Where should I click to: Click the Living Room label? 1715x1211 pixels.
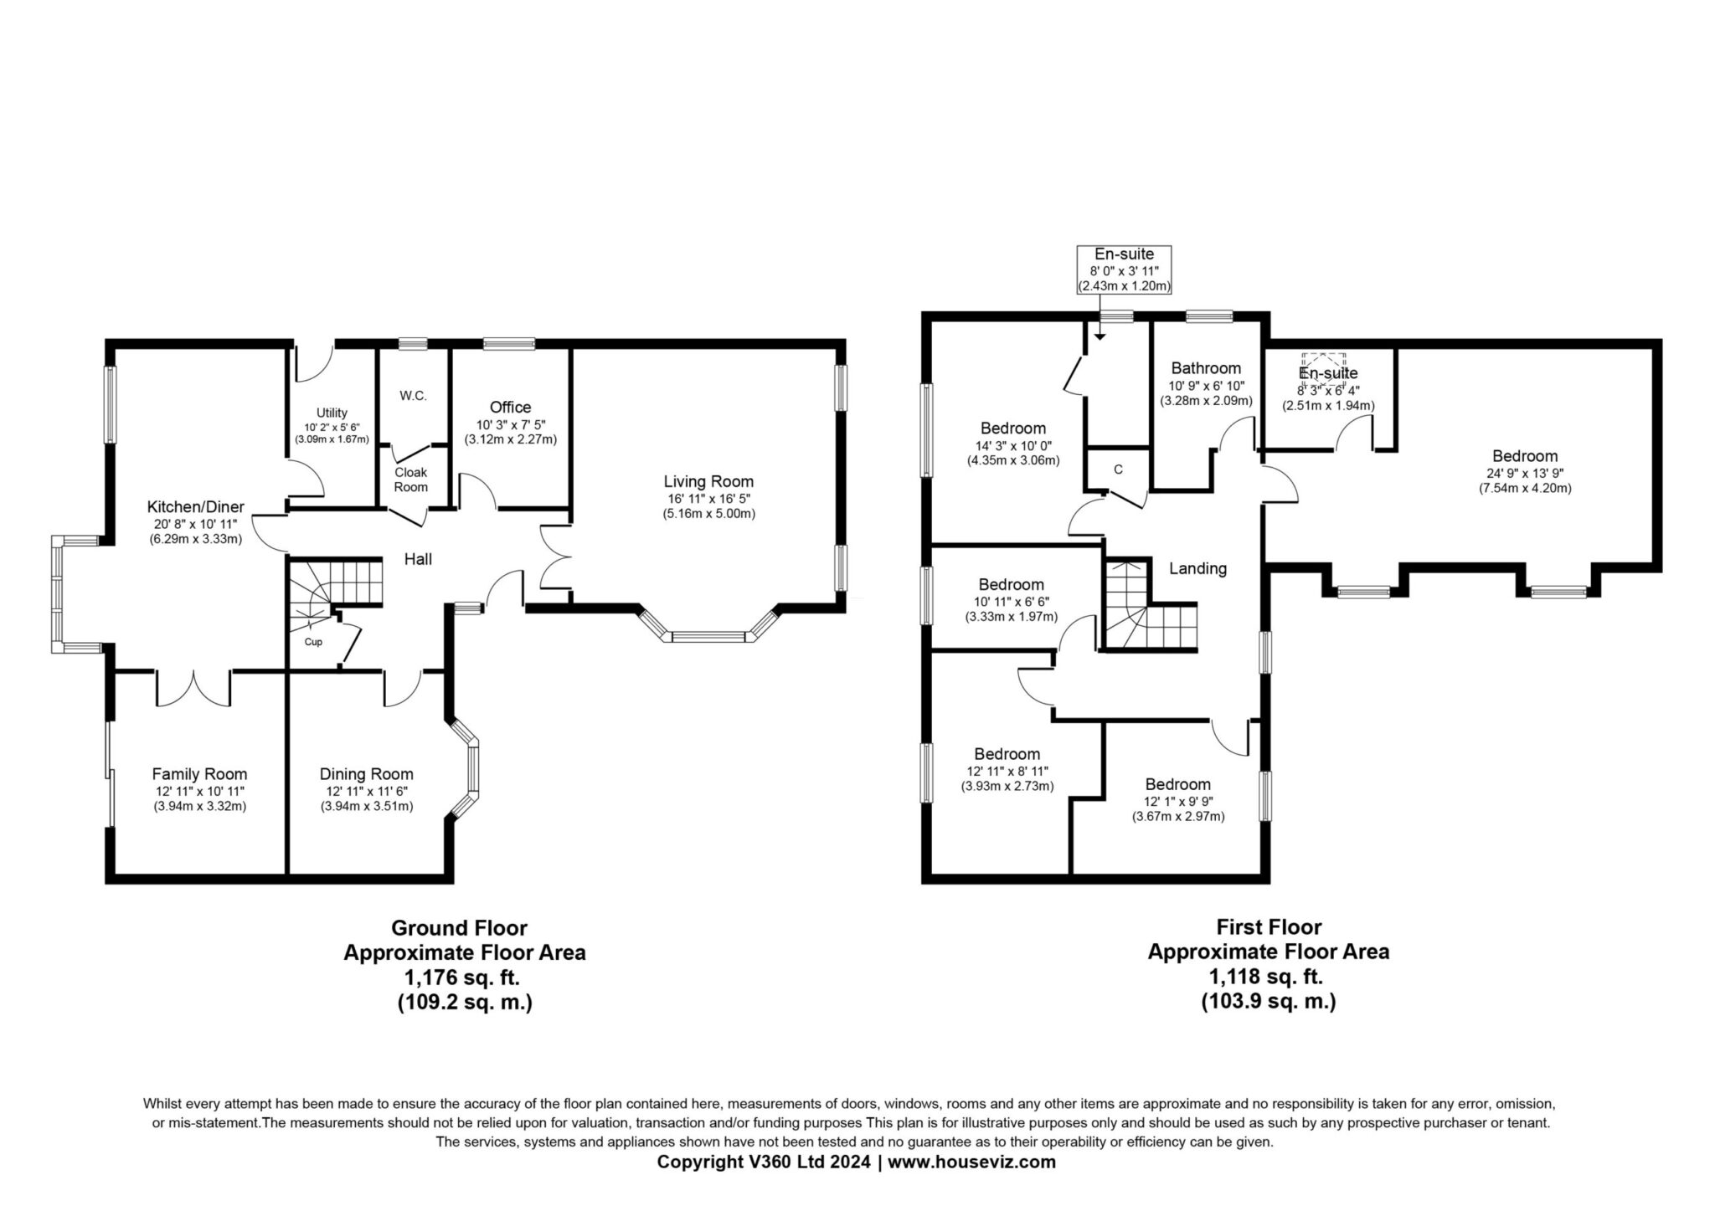coord(708,481)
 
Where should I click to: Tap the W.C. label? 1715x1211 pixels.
coord(413,396)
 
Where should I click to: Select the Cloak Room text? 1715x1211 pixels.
coord(411,480)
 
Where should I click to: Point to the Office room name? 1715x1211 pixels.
coord(511,407)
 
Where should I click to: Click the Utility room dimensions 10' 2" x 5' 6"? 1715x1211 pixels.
coord(332,427)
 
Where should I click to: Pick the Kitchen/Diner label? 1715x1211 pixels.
coord(196,506)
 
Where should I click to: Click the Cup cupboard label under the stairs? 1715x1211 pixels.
coord(313,642)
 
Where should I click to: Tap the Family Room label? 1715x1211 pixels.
coord(199,774)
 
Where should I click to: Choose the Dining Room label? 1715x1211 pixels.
coord(367,774)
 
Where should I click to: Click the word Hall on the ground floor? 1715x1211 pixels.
coord(419,559)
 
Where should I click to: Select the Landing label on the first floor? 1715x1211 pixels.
coord(1197,568)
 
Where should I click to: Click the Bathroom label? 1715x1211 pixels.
coord(1206,368)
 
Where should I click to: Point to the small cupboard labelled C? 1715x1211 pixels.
coord(1118,470)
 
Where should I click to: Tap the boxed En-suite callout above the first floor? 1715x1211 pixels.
coord(1124,269)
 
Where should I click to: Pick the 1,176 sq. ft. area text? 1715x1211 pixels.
coord(464,977)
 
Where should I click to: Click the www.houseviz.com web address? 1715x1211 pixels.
coord(971,1162)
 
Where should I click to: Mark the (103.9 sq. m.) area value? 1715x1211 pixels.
coord(1269,1001)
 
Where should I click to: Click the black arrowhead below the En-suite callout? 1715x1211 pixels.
coord(1100,336)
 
